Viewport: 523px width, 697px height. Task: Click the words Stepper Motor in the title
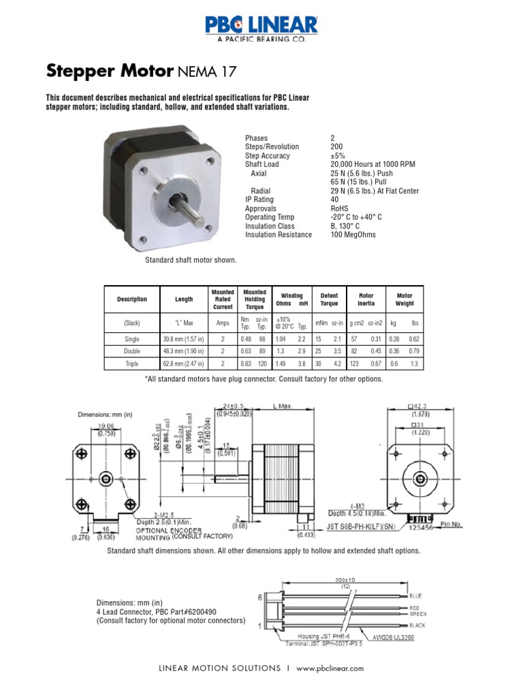pos(109,70)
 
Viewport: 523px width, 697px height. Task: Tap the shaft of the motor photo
pos(190,212)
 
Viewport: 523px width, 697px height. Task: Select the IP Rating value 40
pos(334,200)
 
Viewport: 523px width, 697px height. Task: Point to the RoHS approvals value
pos(338,209)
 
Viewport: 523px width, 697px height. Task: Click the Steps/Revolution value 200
pos(336,147)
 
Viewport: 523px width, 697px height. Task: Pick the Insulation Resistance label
pos(278,235)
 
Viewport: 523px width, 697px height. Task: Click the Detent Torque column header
pos(329,300)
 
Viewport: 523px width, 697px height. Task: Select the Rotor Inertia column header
pos(366,300)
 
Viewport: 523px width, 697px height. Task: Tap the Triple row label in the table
pos(131,363)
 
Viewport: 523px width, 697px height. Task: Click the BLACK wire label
pos(417,624)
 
